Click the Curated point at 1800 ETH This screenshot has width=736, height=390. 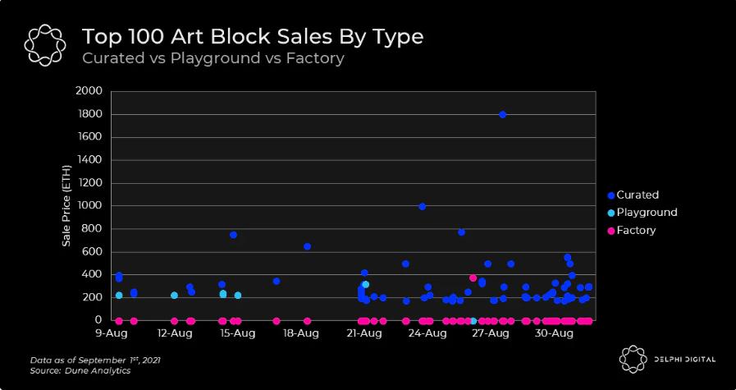[x=502, y=114]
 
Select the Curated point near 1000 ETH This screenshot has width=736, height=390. [x=422, y=206]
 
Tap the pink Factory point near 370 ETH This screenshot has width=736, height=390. [x=473, y=278]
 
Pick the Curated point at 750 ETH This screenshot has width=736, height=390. [x=233, y=235]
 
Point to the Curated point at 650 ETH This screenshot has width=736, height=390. [x=307, y=246]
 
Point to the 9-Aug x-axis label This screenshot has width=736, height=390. [x=109, y=334]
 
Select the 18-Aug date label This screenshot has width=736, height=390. [x=300, y=334]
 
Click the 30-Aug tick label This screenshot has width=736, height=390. [x=554, y=334]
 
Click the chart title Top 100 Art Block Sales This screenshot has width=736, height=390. [x=253, y=37]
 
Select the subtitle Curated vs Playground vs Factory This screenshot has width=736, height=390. [x=213, y=58]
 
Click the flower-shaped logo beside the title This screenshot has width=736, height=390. [x=43, y=45]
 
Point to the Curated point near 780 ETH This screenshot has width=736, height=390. [x=461, y=232]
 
